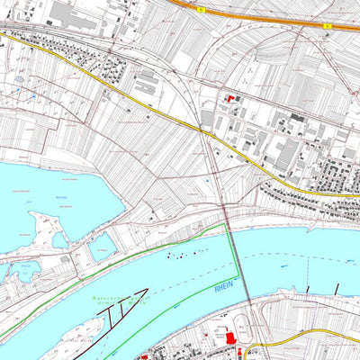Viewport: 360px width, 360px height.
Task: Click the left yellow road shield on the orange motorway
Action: click(x=202, y=10)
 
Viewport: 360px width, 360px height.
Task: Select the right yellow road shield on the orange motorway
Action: click(x=329, y=26)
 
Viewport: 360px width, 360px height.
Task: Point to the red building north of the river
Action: click(x=229, y=98)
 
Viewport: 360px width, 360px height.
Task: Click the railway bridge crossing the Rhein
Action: click(x=235, y=261)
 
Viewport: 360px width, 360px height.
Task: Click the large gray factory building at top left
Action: click(x=64, y=13)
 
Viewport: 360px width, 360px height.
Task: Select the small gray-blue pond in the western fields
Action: click(x=20, y=79)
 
